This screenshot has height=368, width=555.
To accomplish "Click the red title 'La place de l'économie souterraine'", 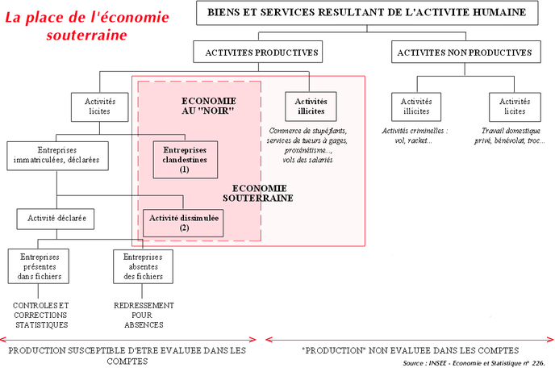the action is (x=87, y=26).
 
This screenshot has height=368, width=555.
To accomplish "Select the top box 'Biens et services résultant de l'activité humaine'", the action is (x=367, y=13).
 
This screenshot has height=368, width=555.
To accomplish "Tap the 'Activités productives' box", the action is (x=258, y=52).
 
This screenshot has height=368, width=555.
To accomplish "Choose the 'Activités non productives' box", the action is (x=465, y=52).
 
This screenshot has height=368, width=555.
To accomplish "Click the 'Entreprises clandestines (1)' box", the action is (x=185, y=159).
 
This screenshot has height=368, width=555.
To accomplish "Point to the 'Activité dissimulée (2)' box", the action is (x=183, y=223).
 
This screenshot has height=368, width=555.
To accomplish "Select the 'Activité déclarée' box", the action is (x=56, y=219).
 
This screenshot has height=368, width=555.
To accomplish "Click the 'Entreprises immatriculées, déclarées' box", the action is (x=57, y=156).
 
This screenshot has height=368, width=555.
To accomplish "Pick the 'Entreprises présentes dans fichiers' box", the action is (x=38, y=266).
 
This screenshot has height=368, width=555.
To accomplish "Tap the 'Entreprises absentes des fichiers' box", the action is (x=143, y=266).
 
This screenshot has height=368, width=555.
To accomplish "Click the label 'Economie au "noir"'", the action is (x=208, y=106).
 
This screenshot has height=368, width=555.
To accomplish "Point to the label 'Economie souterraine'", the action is (x=258, y=193).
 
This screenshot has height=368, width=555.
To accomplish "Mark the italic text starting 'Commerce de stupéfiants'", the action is (x=307, y=145).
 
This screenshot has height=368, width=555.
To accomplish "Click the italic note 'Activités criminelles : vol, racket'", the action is (x=415, y=136).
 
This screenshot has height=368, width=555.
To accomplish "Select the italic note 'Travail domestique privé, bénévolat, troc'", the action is (x=510, y=136).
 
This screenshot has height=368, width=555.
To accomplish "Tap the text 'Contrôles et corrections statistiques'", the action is (x=40, y=315).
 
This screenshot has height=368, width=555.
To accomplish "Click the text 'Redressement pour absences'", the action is (x=144, y=315).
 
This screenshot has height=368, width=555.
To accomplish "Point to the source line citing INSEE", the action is (x=474, y=363).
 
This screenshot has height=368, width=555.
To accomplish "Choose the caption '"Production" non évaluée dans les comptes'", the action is (x=410, y=350).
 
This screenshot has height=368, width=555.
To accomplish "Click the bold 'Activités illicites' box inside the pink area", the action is (x=311, y=107).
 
